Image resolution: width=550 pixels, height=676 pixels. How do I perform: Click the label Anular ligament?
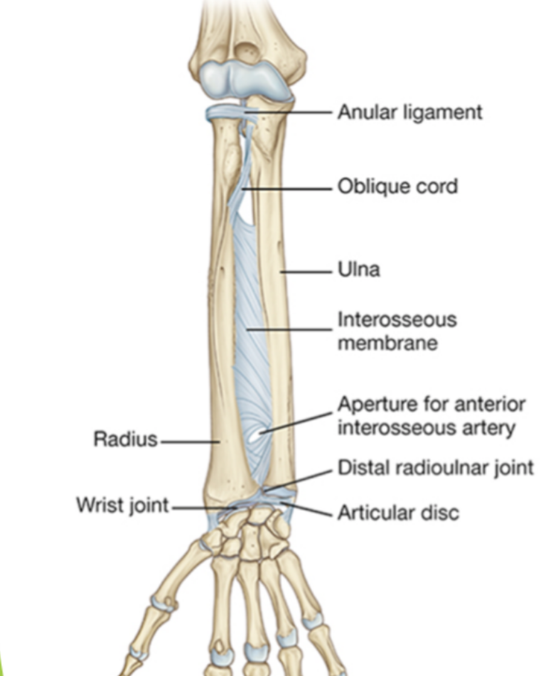(x=409, y=112)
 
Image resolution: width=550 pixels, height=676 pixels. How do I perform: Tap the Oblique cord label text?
(x=397, y=187)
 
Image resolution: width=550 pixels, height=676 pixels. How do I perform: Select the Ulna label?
(x=358, y=269)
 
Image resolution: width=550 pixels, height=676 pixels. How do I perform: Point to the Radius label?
(x=125, y=439)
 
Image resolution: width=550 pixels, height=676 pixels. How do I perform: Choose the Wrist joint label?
(x=122, y=505)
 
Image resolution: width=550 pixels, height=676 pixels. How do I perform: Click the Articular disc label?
(x=398, y=513)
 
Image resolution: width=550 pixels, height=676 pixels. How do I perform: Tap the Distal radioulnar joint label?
(x=435, y=467)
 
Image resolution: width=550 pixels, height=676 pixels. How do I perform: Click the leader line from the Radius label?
(x=189, y=441)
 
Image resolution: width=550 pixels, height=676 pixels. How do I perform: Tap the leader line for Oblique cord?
(x=287, y=188)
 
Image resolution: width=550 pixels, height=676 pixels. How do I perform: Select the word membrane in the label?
(x=387, y=343)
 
